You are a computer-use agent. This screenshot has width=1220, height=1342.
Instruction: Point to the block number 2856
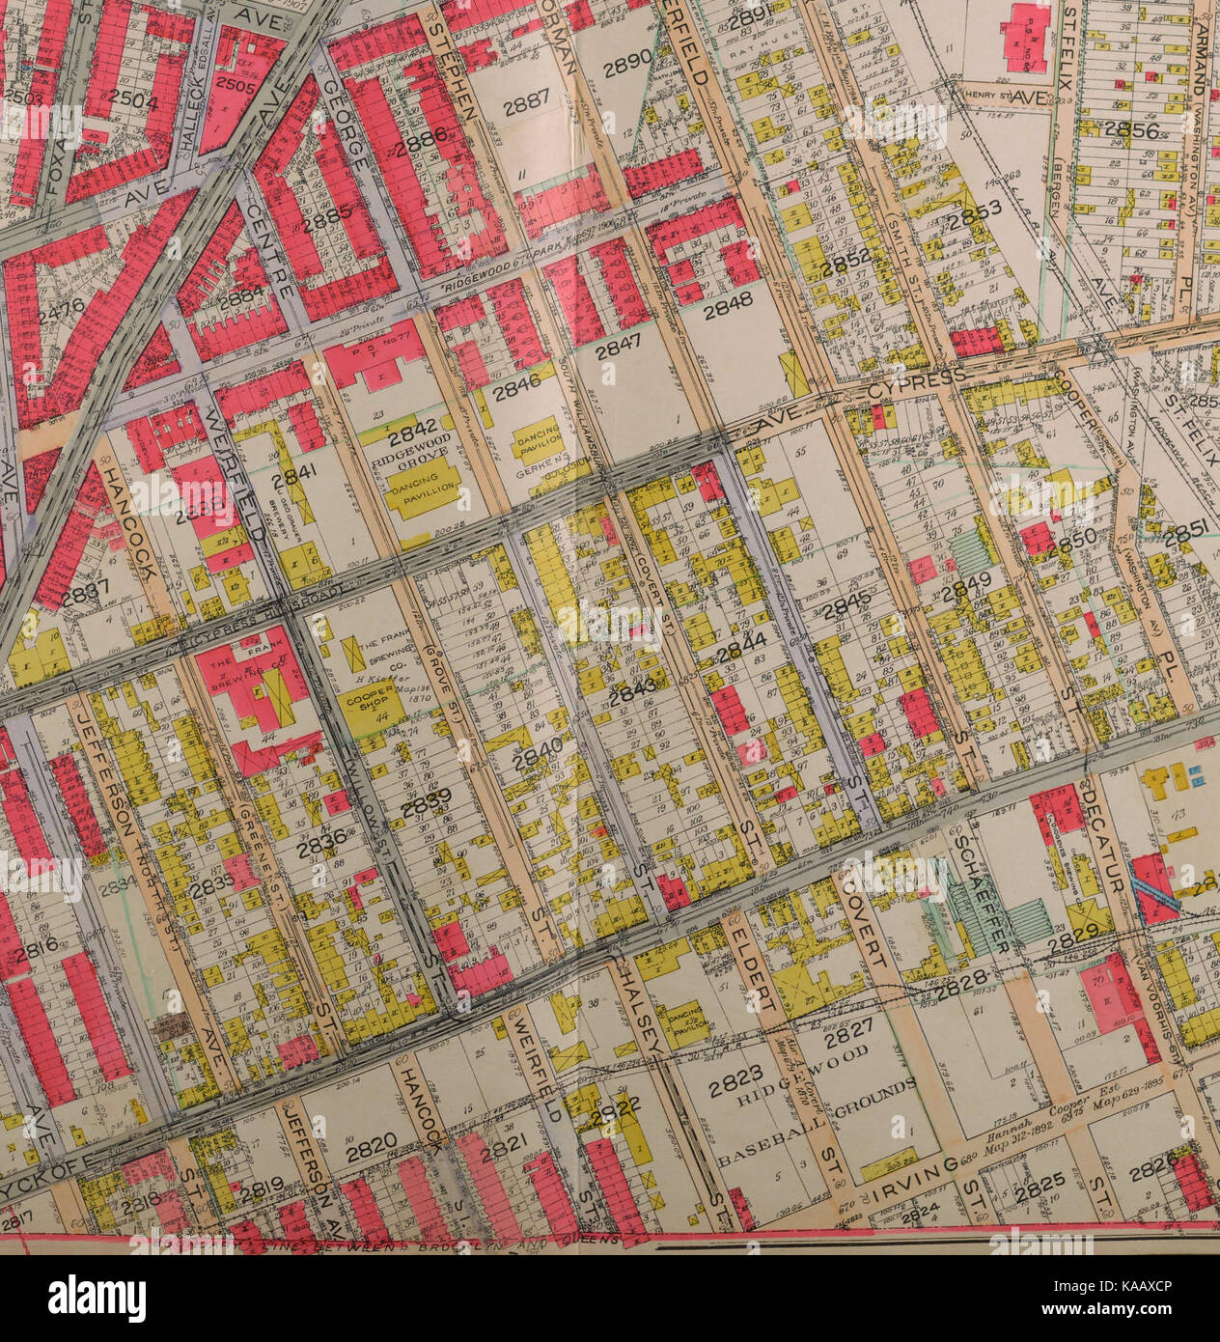pos(1130,129)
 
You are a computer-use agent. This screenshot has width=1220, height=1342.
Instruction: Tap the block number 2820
pos(371,1145)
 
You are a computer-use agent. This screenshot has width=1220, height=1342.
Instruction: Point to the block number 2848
pos(727,311)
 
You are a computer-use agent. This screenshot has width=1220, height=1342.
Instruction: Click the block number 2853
pos(975,218)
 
